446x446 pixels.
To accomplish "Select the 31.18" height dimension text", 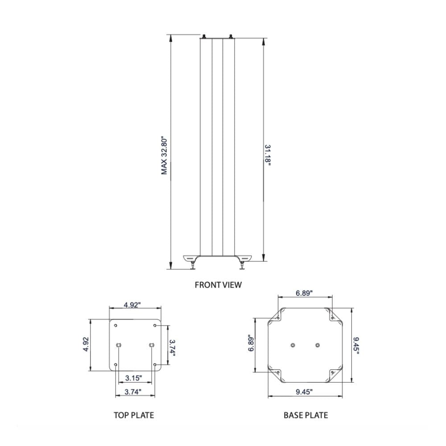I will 268,155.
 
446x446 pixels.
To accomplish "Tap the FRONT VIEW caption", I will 218,285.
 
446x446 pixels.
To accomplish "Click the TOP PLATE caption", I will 134,415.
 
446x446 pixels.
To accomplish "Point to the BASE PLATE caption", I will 306,415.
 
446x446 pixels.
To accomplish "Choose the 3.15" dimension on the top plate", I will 134,378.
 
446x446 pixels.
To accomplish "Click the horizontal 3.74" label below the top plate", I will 134,392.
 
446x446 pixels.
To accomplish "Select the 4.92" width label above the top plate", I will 132,305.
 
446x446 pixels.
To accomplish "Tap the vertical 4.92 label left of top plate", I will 86,345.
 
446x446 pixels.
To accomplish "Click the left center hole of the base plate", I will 293,345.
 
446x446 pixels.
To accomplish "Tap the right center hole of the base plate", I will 318,345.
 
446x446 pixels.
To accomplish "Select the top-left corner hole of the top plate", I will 116,326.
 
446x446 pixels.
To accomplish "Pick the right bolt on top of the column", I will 231,37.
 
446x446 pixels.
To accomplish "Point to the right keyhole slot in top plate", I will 152,345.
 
